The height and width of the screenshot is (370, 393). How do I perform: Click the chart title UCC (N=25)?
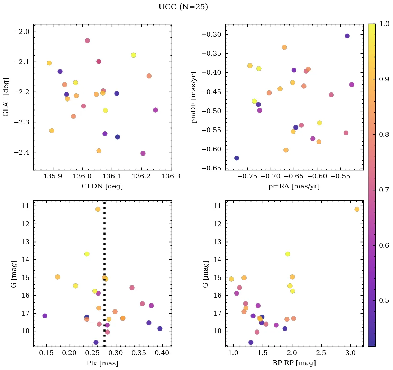pyautogui.click(x=183, y=7)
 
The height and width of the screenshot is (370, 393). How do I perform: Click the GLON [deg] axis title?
pyautogui.click(x=102, y=186)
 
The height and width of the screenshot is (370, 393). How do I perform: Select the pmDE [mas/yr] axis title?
pyautogui.click(x=194, y=97)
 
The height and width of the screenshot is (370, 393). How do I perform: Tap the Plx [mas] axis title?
pyautogui.click(x=102, y=363)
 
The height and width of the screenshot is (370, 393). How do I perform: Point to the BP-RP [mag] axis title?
pyautogui.click(x=294, y=363)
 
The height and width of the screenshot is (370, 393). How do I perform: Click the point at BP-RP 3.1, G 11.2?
pyautogui.click(x=357, y=209)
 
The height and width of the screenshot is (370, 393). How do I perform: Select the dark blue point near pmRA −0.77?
pyautogui.click(x=237, y=158)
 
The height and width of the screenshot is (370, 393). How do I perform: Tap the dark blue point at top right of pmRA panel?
pyautogui.click(x=347, y=36)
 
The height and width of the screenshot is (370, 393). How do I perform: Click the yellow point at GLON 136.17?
pyautogui.click(x=134, y=55)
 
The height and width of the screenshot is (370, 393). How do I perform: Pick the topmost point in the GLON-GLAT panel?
pyautogui.click(x=87, y=41)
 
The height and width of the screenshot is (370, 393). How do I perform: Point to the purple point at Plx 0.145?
pyautogui.click(x=45, y=316)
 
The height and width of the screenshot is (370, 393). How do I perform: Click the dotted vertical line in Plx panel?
pyautogui.click(x=104, y=243)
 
